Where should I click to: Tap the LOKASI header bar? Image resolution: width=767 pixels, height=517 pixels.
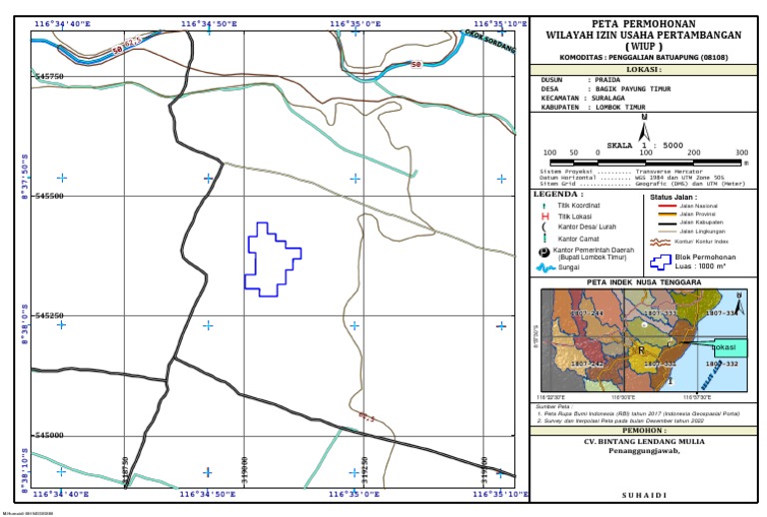pyautogui.click(x=644, y=70)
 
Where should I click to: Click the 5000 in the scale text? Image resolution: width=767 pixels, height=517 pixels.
pyautogui.click(x=672, y=145)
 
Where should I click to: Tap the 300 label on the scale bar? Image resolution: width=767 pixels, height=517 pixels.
pyautogui.click(x=741, y=153)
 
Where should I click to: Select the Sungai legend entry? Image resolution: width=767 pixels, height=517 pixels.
pyautogui.click(x=570, y=267)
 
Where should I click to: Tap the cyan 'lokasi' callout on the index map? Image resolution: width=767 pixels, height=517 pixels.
pyautogui.click(x=729, y=346)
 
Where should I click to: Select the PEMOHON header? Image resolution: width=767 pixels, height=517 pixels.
pyautogui.click(x=643, y=431)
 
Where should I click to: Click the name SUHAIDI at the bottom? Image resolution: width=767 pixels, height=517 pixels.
pyautogui.click(x=644, y=495)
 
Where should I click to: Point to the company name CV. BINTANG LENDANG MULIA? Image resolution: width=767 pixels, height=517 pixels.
pyautogui.click(x=644, y=441)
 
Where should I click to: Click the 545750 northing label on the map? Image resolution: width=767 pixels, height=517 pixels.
pyautogui.click(x=48, y=76)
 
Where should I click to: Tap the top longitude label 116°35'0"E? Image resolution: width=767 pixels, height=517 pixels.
pyautogui.click(x=355, y=22)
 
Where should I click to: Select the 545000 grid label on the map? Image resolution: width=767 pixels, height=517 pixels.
pyautogui.click(x=48, y=435)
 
